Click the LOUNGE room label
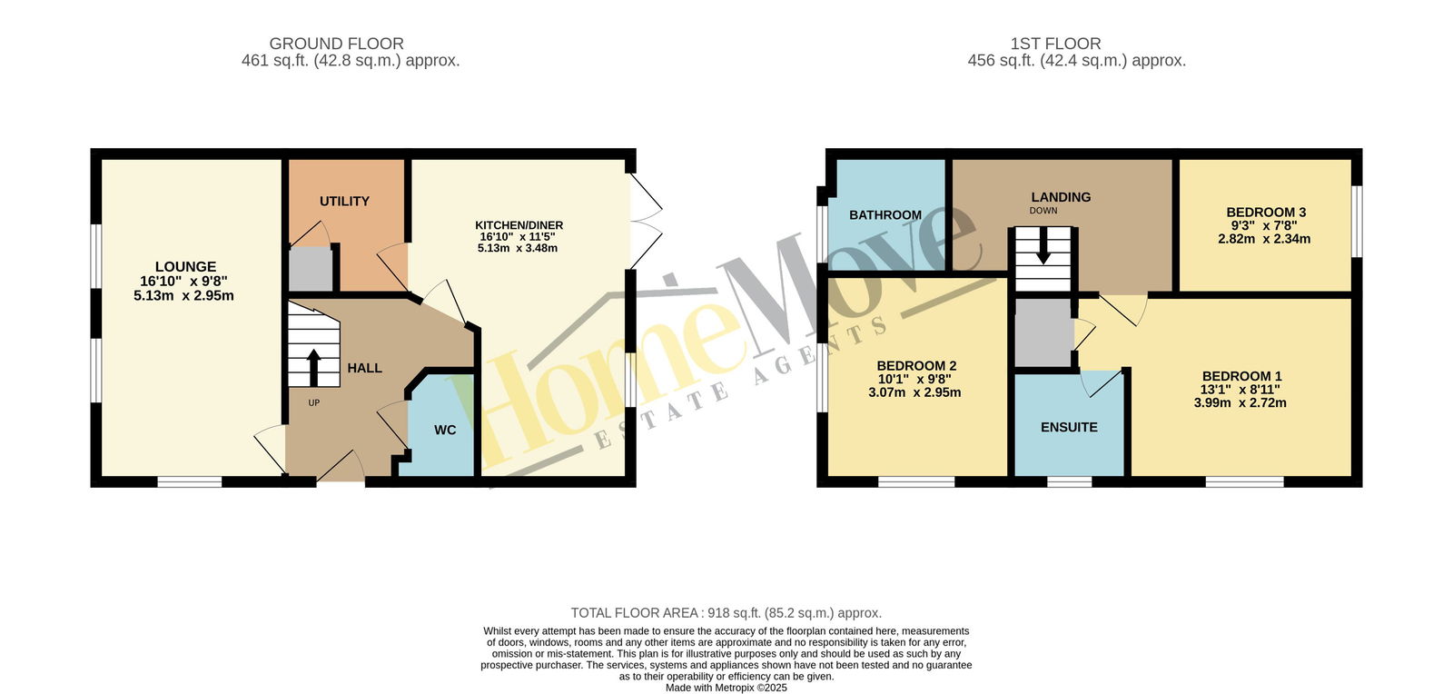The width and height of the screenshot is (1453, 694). pyautogui.click(x=185, y=266)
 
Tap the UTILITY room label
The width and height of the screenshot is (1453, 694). pyautogui.click(x=344, y=201)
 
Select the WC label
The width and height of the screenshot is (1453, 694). pyautogui.click(x=445, y=430)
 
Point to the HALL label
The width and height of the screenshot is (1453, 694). pyautogui.click(x=364, y=369)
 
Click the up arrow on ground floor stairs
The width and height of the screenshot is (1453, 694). pyautogui.click(x=313, y=368)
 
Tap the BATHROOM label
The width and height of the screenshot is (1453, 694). pyautogui.click(x=885, y=214)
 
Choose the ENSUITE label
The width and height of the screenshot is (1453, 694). pyautogui.click(x=1069, y=428)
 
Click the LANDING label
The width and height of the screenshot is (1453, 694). pyautogui.click(x=1062, y=197)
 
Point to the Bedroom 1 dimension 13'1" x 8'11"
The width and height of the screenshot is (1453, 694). pyautogui.click(x=1240, y=390)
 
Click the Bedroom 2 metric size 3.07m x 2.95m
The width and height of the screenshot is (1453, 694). pyautogui.click(x=914, y=392)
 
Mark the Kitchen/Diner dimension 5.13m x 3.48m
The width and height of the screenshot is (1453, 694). pyautogui.click(x=518, y=248)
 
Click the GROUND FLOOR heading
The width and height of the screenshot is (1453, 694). pyautogui.click(x=337, y=44)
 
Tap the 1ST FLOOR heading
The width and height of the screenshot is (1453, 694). pyautogui.click(x=1055, y=44)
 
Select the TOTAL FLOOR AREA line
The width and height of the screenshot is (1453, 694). pyautogui.click(x=726, y=613)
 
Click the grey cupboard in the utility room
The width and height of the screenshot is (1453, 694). pyautogui.click(x=311, y=269)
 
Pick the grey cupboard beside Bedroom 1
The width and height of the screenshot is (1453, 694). pyautogui.click(x=1043, y=332)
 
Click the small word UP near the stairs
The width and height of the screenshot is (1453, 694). pyautogui.click(x=314, y=402)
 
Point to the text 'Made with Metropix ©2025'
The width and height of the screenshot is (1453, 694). pyautogui.click(x=726, y=688)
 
